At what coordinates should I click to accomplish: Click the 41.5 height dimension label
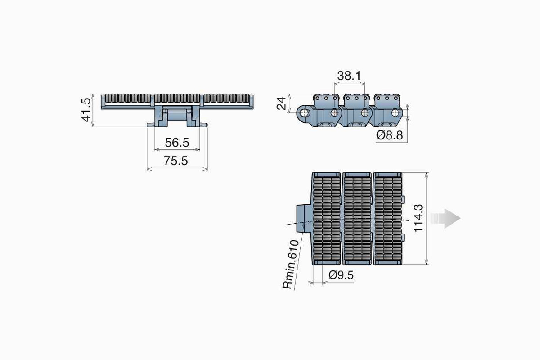tap(86, 110)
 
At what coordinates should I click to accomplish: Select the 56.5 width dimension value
tap(177, 143)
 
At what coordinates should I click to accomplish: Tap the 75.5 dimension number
tap(176, 161)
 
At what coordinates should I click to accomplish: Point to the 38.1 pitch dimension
tap(349, 76)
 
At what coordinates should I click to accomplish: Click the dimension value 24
tap(281, 103)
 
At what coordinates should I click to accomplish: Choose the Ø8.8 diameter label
tap(390, 135)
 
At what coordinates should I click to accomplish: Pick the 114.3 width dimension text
tap(418, 218)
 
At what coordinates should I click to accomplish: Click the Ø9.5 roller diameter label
tap(341, 275)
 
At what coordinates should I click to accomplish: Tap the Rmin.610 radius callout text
tap(291, 264)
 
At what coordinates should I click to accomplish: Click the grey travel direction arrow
tap(445, 218)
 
